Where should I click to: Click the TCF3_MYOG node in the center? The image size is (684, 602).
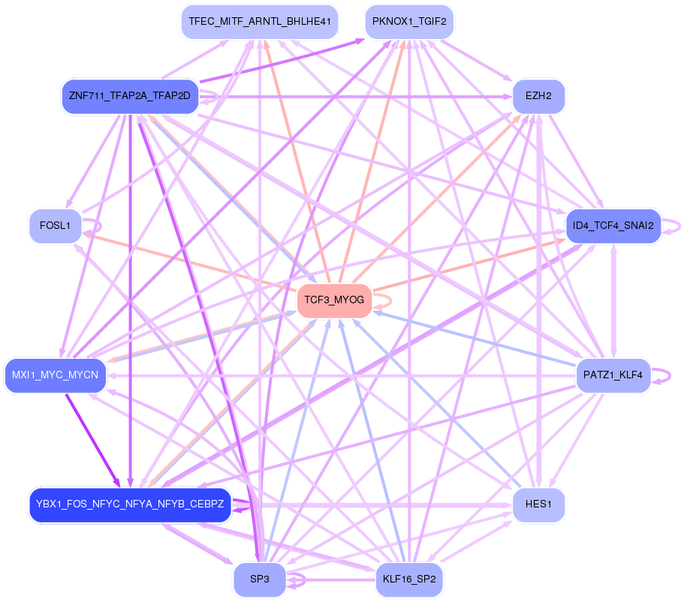pos(334,300)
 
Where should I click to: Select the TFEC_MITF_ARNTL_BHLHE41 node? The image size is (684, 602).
pos(260,22)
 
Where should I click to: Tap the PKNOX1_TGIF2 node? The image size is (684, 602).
pos(409,22)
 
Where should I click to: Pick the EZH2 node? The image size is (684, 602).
pos(538,97)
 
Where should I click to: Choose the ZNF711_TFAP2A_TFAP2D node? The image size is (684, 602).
pos(130,97)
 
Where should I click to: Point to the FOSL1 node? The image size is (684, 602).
pos(55,225)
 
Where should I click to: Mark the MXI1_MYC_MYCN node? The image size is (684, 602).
pos(55,375)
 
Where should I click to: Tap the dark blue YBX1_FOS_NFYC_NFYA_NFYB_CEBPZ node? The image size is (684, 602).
pos(130,504)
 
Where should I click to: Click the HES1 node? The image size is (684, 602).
pos(538,504)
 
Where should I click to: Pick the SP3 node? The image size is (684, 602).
pos(259,579)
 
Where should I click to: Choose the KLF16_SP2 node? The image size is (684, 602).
pos(409,579)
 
